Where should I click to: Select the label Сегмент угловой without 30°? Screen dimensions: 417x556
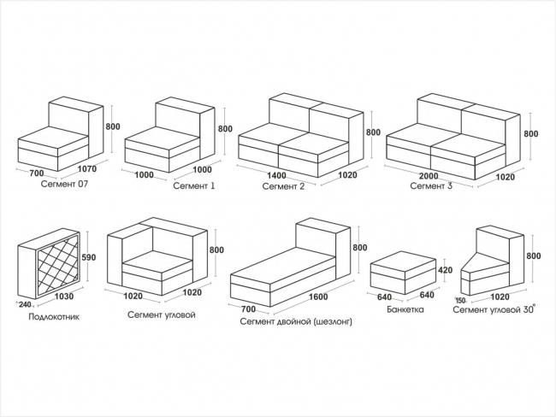click(162, 315)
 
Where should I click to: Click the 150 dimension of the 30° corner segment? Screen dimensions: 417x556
click(460, 301)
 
